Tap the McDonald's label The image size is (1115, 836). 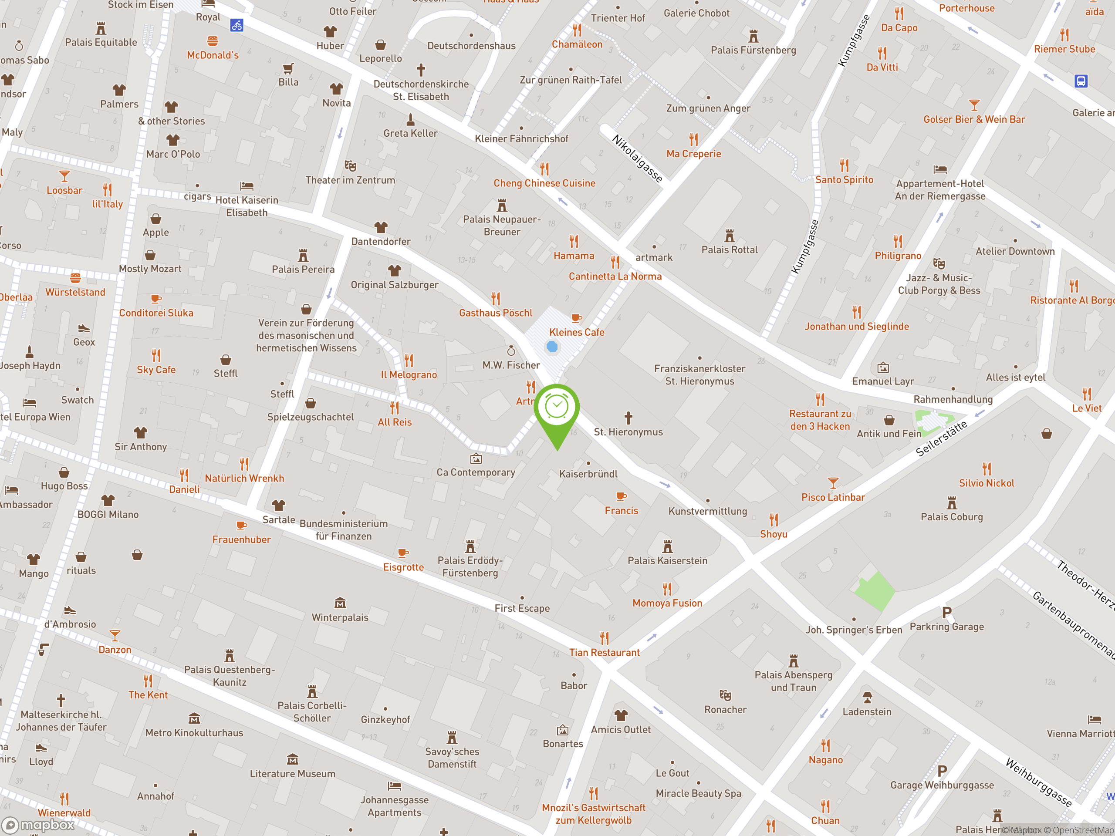[x=213, y=55]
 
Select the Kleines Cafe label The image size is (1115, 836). [x=577, y=333]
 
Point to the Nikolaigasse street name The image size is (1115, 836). [x=637, y=158]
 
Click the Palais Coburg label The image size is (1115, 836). [x=952, y=517]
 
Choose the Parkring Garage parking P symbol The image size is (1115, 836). [x=946, y=613]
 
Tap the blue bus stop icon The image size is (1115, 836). [x=1081, y=81]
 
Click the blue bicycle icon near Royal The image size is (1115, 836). [x=237, y=25]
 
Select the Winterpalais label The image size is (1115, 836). [x=340, y=618]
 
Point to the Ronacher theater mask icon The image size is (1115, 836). [x=725, y=695]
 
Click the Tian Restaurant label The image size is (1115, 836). [x=605, y=653]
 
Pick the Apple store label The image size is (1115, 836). [x=156, y=233]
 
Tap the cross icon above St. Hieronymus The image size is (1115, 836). [x=628, y=418]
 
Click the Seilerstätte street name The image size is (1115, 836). [x=941, y=438]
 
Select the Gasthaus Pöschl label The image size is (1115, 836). [x=496, y=313]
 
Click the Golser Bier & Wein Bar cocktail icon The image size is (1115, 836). [x=974, y=105]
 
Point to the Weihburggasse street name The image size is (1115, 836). [x=1038, y=782]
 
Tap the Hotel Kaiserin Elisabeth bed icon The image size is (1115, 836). [x=247, y=186]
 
